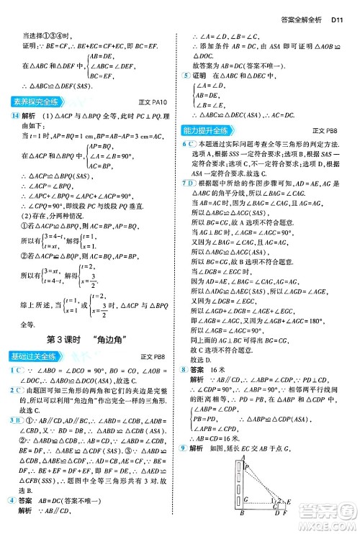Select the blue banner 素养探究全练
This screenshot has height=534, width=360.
point(35,101)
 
